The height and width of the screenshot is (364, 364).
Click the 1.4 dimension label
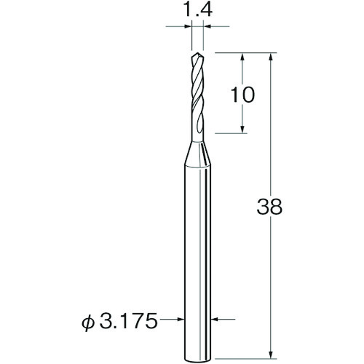(197, 9)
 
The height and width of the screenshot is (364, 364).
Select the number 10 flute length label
(242, 95)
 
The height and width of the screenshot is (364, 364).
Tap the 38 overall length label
(269, 207)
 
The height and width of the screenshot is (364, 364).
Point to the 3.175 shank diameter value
(128, 320)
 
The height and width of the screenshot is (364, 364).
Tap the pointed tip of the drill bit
(198, 52)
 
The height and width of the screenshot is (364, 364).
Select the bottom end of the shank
(197, 359)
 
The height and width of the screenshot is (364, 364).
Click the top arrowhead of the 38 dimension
(272, 58)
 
